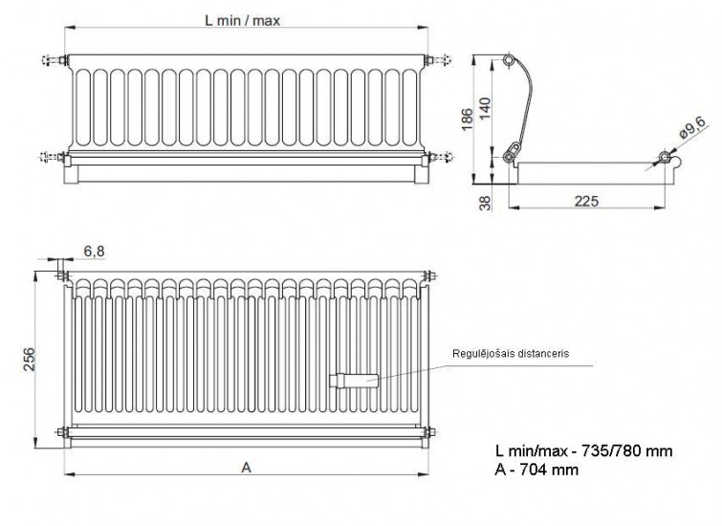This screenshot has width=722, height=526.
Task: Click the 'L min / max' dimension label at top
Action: [x=242, y=21]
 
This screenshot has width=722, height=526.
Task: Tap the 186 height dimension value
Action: [x=467, y=120]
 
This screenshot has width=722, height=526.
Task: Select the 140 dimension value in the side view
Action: [x=486, y=109]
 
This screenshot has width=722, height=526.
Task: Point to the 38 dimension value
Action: [x=486, y=203]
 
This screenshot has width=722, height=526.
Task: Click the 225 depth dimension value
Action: [x=586, y=201]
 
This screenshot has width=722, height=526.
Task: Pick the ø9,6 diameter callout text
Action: [x=692, y=127]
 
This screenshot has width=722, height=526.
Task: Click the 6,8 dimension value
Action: [x=94, y=252]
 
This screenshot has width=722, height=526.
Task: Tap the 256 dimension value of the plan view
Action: [x=29, y=360]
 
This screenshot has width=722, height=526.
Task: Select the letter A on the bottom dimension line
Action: [x=247, y=468]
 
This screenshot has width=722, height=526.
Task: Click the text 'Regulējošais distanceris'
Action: [x=511, y=354]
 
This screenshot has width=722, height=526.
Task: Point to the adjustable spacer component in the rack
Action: [x=354, y=381]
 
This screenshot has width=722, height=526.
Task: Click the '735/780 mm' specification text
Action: [x=627, y=450]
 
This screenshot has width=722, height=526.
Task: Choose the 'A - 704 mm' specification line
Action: [x=536, y=470]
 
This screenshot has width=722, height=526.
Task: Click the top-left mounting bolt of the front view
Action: [x=55, y=60]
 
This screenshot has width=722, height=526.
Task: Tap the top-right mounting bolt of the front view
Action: [x=438, y=60]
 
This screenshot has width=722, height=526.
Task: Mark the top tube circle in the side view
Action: [x=509, y=60]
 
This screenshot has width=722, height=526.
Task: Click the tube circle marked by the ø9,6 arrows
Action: [x=665, y=157]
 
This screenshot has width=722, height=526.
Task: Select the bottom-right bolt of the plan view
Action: [x=429, y=432]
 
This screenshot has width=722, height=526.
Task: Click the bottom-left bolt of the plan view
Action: [x=62, y=432]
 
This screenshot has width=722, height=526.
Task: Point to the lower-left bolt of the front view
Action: [x=54, y=158]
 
